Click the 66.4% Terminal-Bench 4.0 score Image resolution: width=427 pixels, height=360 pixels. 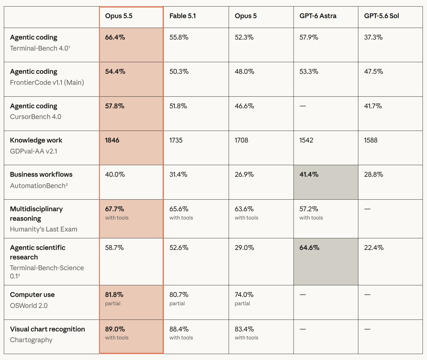coord(115,37)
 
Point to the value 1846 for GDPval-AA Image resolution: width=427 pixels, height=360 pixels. coord(112,140)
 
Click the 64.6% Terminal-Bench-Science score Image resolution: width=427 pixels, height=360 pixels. coord(309,248)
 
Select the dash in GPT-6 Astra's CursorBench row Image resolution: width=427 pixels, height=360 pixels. coord(303,106)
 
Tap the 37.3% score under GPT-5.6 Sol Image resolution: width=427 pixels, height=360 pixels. coord(373,37)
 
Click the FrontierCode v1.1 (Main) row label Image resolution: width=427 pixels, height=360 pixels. coord(47,82)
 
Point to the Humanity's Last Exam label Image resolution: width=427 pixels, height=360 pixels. coord(43,229)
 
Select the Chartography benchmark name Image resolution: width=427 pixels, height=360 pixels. coord(31,340)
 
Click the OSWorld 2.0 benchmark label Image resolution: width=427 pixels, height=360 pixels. coord(29,306)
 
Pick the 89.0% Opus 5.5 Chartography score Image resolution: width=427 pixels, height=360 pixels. coord(115,329)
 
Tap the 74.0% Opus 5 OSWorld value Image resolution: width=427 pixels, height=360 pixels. coord(244,295)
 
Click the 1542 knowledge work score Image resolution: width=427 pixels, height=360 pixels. coord(306,140)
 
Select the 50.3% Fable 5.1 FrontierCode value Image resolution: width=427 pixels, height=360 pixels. coord(179,71)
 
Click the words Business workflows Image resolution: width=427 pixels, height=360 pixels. coord(41,174)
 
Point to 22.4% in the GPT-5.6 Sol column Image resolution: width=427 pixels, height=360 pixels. coord(374,248)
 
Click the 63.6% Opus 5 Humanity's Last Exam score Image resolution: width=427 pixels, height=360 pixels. coord(244,209)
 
